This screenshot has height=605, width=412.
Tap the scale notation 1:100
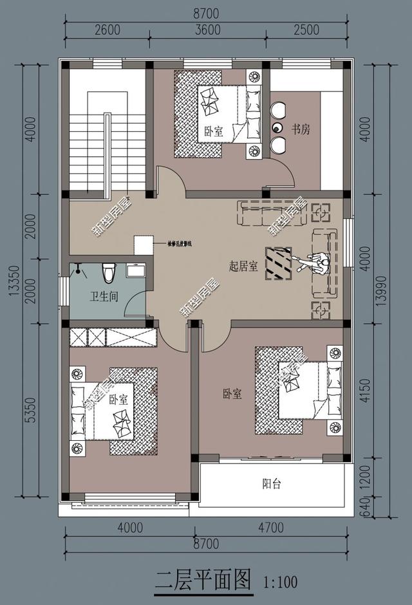[280, 582]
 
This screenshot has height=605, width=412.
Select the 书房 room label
[301, 129]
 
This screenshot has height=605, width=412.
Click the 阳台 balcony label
[272, 483]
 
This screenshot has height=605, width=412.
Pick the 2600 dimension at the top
[108, 30]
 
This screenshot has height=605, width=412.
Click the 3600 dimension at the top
[207, 30]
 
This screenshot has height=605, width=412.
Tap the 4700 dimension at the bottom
[270, 528]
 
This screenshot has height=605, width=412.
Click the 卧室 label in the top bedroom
[214, 131]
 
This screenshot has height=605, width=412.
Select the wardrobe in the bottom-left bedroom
[113, 337]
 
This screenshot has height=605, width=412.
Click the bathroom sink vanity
[135, 270]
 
